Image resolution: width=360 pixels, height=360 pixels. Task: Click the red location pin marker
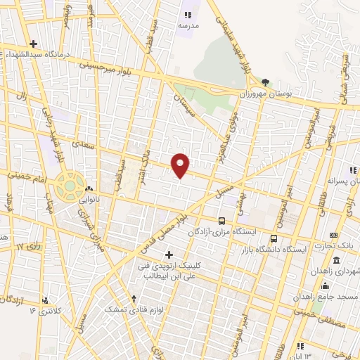tap(181, 165)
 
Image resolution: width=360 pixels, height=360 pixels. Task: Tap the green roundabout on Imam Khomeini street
tap(70, 186)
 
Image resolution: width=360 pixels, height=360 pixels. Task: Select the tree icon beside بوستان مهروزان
tap(265, 83)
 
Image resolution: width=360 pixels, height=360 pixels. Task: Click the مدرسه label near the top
tap(188, 25)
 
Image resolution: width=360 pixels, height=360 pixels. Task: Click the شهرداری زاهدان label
tap(335, 270)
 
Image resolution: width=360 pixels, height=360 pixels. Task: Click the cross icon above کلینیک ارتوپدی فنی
tap(167, 254)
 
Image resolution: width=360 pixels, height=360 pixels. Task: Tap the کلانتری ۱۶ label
tap(42, 309)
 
